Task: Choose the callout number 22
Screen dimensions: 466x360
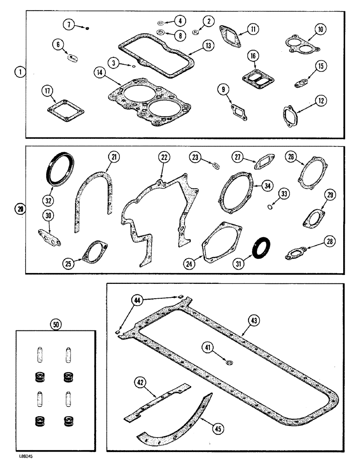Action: (163, 158)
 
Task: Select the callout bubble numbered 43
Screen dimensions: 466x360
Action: (254, 321)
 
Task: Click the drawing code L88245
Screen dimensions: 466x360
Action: (16, 458)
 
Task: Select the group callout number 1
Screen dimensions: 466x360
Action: (19, 72)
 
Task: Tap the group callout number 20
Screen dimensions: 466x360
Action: (19, 209)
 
